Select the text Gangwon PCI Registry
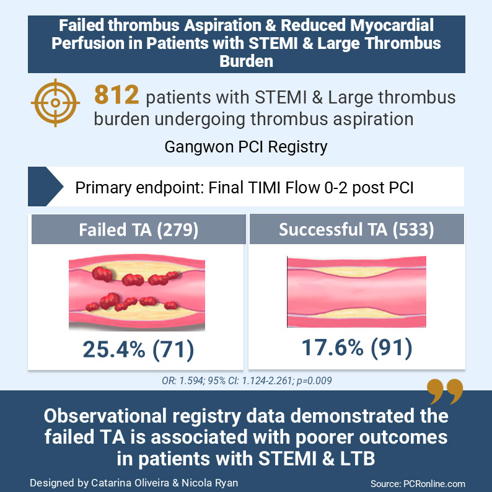[246, 147]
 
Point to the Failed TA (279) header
[138, 230]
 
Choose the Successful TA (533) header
[356, 230]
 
